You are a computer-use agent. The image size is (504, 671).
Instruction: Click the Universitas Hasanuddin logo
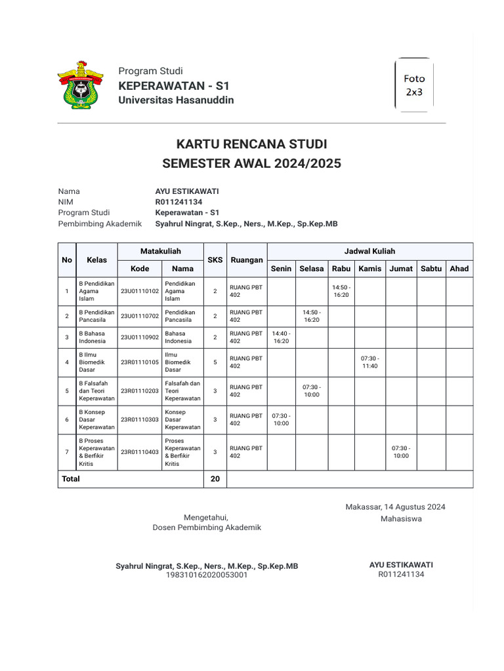point(81,85)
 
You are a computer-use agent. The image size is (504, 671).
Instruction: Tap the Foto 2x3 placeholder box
point(414,85)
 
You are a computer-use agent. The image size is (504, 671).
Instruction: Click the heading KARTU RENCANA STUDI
point(251,144)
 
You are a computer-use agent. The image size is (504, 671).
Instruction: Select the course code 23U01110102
point(140,291)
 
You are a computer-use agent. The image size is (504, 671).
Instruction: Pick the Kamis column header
point(369,269)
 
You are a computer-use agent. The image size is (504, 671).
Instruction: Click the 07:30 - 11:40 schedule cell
point(369,362)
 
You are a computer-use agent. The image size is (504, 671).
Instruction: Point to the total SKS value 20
point(215,479)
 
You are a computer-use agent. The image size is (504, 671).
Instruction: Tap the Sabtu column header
point(430,269)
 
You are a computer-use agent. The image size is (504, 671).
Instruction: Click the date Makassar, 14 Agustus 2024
point(395,507)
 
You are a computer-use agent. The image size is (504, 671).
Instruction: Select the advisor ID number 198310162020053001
point(207,575)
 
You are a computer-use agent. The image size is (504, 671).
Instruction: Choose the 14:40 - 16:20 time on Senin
point(281,337)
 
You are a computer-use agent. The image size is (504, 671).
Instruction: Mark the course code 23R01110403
point(140,452)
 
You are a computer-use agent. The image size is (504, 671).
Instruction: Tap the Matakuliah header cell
point(161,252)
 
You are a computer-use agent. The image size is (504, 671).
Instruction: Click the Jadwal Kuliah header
point(369,252)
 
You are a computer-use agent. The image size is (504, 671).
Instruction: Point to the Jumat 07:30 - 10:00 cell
point(400,452)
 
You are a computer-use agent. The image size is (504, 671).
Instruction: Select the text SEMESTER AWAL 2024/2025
point(251,164)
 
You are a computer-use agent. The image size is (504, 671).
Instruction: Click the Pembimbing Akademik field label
point(100,223)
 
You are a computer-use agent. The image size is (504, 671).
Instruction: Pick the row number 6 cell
point(66,420)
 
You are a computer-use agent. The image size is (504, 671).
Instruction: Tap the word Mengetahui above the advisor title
point(206,517)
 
